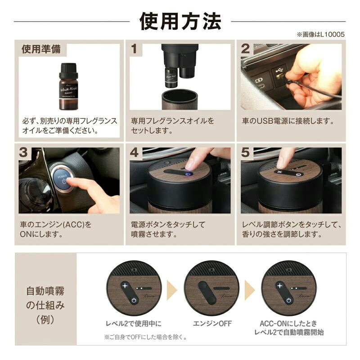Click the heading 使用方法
pos(180,21)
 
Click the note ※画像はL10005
pos(321,35)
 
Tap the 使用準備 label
pos(41,49)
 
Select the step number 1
pos(134,49)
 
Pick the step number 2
pos(245,49)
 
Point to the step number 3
pos(23,153)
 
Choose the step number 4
pos(134,153)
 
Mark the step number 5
pos(245,153)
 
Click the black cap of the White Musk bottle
pos(68,70)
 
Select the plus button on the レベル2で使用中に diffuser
pos(125,286)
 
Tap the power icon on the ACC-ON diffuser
pos(289,300)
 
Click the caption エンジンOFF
pos(212,324)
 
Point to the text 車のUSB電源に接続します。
pos(288,121)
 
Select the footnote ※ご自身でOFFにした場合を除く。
pos(146,337)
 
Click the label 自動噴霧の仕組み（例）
pos(45,305)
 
